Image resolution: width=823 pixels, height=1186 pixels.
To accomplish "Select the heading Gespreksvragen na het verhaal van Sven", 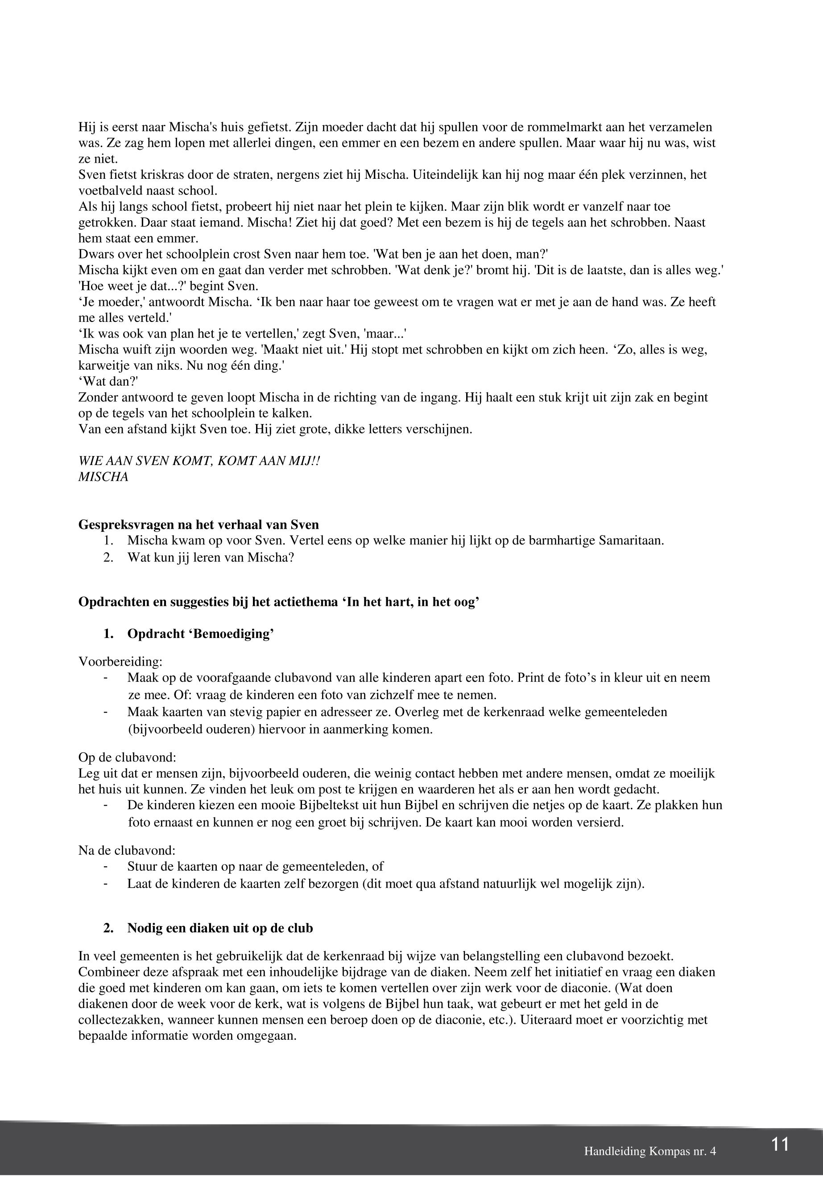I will (199, 525).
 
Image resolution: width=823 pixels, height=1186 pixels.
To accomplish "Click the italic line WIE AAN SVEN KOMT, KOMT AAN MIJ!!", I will (199, 461).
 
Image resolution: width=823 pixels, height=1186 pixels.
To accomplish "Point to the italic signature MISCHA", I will (103, 477).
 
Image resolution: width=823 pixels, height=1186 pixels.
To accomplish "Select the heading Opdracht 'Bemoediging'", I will (200, 634).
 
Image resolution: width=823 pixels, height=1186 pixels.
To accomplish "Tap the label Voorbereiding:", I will (120, 661).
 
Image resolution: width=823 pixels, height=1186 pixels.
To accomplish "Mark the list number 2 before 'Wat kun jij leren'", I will (108, 558).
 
